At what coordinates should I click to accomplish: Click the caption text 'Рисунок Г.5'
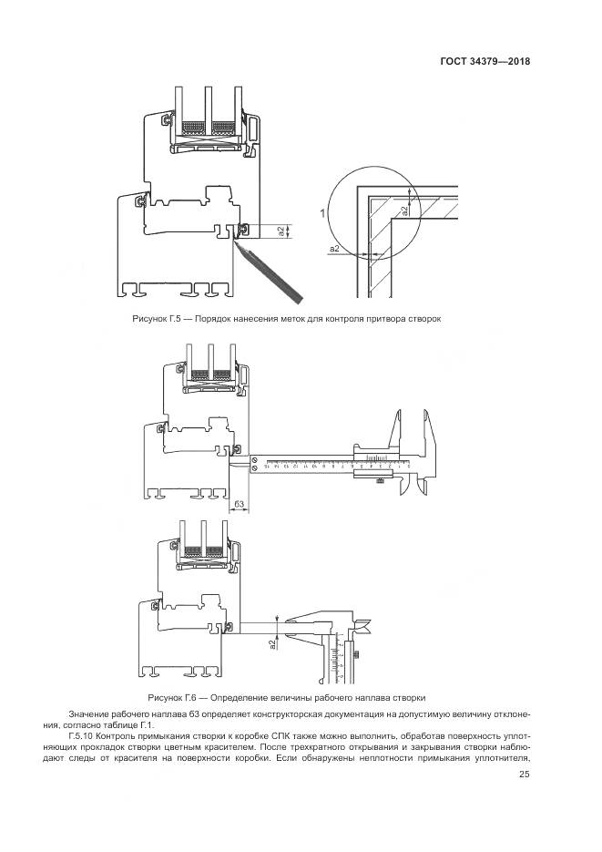pos(158,319)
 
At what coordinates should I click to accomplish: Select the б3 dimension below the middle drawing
pos(240,503)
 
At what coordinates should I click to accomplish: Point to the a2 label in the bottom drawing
pos(272,644)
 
